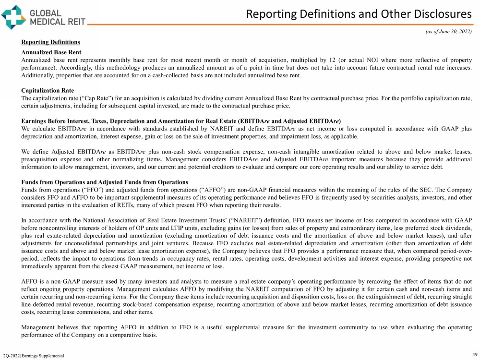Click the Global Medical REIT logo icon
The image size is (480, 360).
pos(14,15)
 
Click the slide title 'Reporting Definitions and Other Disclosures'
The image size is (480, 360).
pos(359,14)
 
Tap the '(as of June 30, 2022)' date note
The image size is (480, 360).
pos(448,32)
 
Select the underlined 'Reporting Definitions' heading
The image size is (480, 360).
pos(50,42)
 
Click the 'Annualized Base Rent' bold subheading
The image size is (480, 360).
pos(51,52)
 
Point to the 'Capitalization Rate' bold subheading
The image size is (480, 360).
pos(48,90)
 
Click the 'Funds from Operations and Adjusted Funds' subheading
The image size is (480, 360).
pos(105,182)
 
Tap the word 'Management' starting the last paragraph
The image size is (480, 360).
pos(40,327)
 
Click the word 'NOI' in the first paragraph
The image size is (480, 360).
pos(367,60)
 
